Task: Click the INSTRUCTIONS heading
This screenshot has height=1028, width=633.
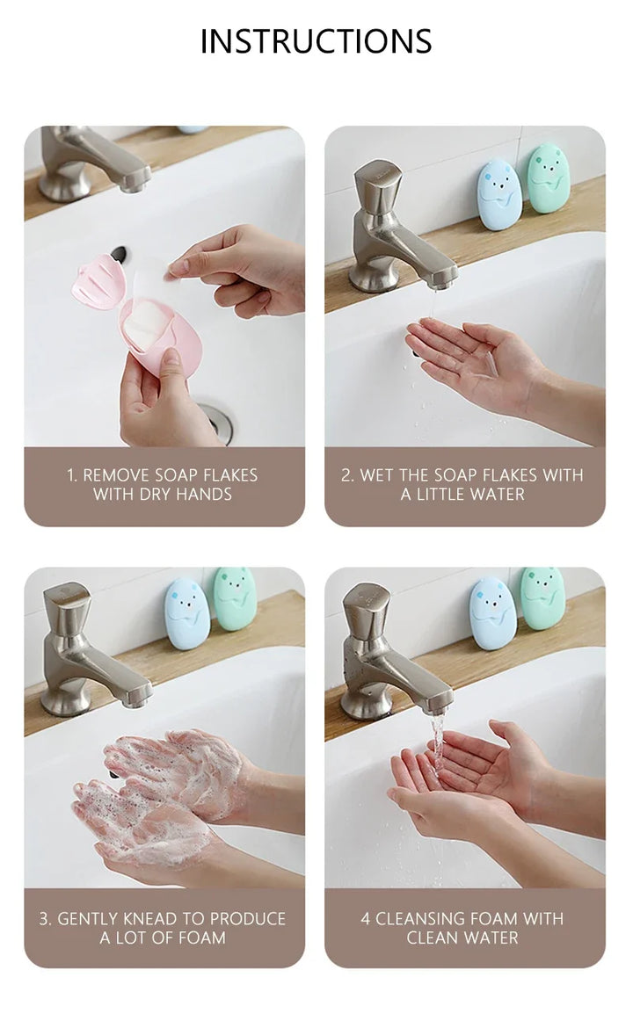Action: (316, 41)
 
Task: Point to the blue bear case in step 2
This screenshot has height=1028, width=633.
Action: (499, 194)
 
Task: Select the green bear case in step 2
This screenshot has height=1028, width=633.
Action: (549, 177)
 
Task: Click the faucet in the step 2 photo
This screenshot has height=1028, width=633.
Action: (394, 229)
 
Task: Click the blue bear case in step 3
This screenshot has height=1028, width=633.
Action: (187, 613)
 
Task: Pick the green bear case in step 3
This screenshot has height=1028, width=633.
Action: (234, 599)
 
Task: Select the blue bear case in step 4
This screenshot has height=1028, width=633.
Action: (492, 613)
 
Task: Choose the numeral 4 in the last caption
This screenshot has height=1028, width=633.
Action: (366, 919)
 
